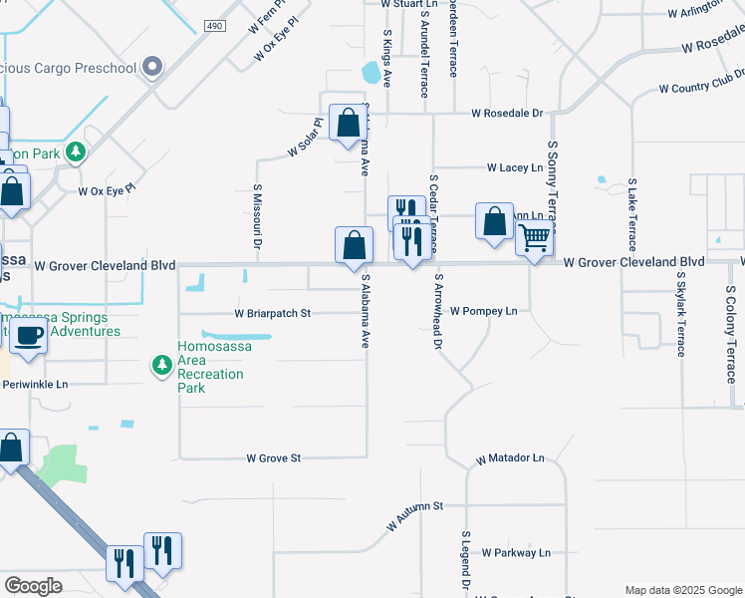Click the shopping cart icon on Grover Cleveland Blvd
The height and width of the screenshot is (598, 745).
535,240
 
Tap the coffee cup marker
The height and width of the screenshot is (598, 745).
28,336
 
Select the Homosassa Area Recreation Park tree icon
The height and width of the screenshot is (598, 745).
161,366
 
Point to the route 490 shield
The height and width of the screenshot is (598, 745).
213,25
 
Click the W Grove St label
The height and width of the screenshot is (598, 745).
274,458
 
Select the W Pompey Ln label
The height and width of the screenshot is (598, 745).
484,311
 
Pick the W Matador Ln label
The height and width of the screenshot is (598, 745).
510,459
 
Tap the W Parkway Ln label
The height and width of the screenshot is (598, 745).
515,552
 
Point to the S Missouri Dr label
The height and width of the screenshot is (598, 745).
256,215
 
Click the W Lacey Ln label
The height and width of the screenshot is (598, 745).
514,167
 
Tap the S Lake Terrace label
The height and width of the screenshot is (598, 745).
631,215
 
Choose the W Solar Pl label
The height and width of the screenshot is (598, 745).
306,139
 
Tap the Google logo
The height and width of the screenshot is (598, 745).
33,586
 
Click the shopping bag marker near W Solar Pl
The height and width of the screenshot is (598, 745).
349,125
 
